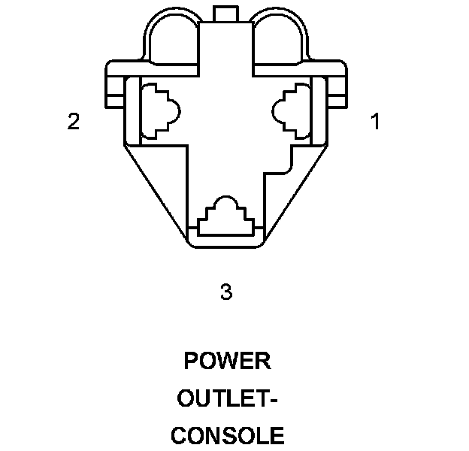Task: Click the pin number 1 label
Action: tap(374, 121)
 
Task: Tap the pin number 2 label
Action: tap(73, 121)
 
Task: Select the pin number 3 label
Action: tap(225, 292)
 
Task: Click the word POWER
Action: tap(227, 361)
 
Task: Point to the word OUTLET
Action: tap(222, 398)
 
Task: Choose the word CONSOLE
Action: tap(227, 436)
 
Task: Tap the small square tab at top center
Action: tap(225, 13)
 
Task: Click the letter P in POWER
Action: tap(192, 361)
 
